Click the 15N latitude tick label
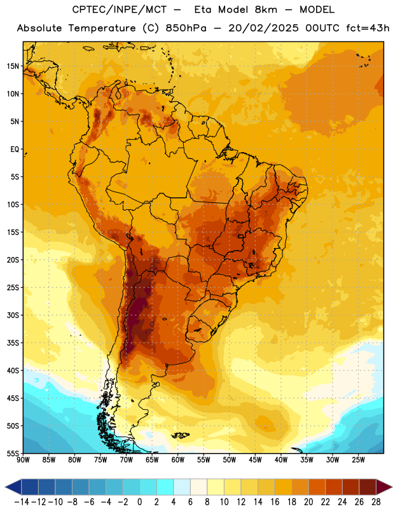pyautogui.click(x=13, y=66)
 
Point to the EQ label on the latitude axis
pyautogui.click(x=15, y=150)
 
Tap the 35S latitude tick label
pyautogui.click(x=13, y=343)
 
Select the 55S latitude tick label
pyautogui.click(x=13, y=453)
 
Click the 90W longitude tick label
pyautogui.click(x=23, y=460)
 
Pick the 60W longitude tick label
pyautogui.click(x=178, y=460)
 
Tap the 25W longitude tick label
pyautogui.click(x=358, y=460)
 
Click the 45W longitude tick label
pyautogui.click(x=255, y=460)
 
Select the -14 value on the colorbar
pyautogui.click(x=22, y=502)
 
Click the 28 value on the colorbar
pyautogui.click(x=376, y=502)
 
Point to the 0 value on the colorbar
pyautogui.click(x=139, y=502)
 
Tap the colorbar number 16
pyautogui.click(x=275, y=502)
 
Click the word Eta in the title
pyautogui.click(x=203, y=10)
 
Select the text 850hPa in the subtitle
pyautogui.click(x=186, y=28)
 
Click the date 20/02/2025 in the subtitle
pyautogui.click(x=263, y=28)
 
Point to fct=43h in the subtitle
pyautogui.click(x=368, y=28)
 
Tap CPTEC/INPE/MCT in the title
pyautogui.click(x=120, y=10)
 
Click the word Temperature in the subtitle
pyautogui.click(x=102, y=29)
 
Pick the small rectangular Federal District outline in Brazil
pyautogui.click(x=241, y=236)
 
